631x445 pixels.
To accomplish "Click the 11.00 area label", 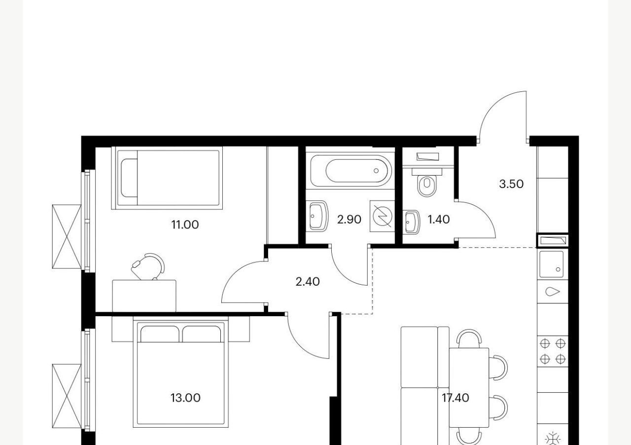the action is (x=185, y=225).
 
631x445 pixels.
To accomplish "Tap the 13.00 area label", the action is (x=185, y=398).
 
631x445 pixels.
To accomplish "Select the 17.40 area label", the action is (x=455, y=398).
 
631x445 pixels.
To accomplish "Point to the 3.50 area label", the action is (x=511, y=184).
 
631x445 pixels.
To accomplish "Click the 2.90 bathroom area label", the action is (x=349, y=220).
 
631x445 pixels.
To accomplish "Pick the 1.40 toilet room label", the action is (x=439, y=220).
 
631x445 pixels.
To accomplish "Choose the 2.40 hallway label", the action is (x=308, y=282).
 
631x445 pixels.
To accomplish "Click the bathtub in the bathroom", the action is (x=351, y=171).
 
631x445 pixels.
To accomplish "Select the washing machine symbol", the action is (x=382, y=216).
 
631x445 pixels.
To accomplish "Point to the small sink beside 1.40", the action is (x=412, y=222).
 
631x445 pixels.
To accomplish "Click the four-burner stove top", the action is (x=553, y=351).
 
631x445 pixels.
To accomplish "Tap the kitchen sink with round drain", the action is (x=552, y=264).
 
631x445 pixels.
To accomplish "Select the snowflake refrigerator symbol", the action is (x=553, y=439).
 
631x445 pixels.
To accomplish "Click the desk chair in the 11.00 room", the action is (x=148, y=266).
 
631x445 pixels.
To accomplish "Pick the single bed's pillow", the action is (x=129, y=178).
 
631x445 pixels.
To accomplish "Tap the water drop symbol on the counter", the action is (x=553, y=292).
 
